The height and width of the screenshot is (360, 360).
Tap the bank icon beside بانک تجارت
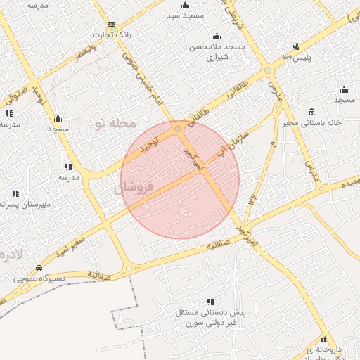click(111, 24)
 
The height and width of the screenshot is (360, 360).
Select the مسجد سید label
click(186, 14)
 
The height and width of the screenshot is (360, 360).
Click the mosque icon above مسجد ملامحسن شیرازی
click(217, 37)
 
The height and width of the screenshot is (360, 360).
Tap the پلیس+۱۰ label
click(295, 54)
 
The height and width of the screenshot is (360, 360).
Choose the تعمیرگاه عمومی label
click(39, 279)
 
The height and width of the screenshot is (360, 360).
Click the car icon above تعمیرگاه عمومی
click(39, 269)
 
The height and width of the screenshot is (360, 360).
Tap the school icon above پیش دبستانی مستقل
click(210, 302)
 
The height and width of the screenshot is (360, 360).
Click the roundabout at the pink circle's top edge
click(178, 129)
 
